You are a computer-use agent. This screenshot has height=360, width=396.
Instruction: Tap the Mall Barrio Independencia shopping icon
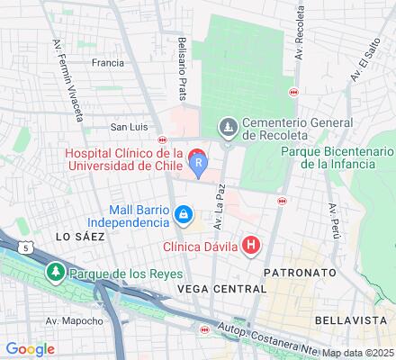[184, 214]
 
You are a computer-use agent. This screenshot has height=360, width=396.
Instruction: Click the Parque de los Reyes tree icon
[56, 272]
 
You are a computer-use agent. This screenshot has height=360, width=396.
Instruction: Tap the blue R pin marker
[199, 162]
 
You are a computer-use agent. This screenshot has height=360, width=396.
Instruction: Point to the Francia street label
[107, 63]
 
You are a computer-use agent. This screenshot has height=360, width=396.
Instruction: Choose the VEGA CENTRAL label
[222, 289]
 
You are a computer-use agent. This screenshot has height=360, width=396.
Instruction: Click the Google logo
[30, 349]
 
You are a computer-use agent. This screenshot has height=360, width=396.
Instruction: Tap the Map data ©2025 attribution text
[357, 353]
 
